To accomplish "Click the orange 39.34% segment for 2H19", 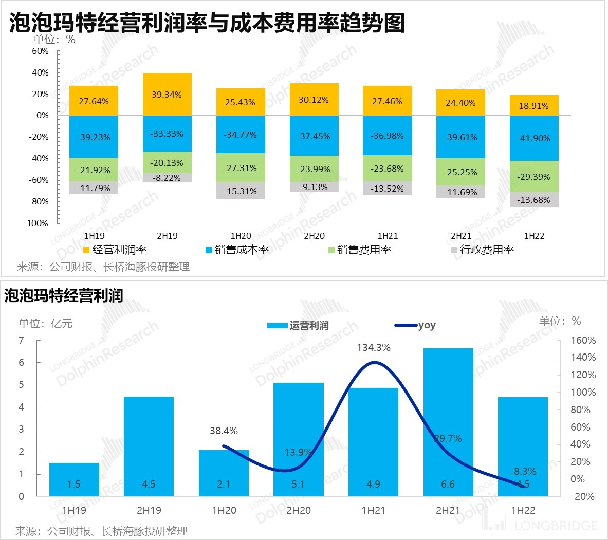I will click(167, 95).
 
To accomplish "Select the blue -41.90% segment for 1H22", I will click(534, 138).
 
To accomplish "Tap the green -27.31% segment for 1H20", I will click(240, 168).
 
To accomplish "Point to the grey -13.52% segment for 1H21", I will click(387, 189).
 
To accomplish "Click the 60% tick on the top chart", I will click(40, 51).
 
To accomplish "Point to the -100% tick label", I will click(36, 223).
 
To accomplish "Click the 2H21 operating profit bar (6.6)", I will click(448, 422).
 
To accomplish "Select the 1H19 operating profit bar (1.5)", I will click(74, 479).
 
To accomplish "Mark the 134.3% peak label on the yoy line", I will click(374, 348).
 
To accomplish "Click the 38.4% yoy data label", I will click(224, 431).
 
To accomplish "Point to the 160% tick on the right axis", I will click(583, 340).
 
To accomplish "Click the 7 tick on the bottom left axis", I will click(21, 340).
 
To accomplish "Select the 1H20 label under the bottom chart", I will click(224, 511).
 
